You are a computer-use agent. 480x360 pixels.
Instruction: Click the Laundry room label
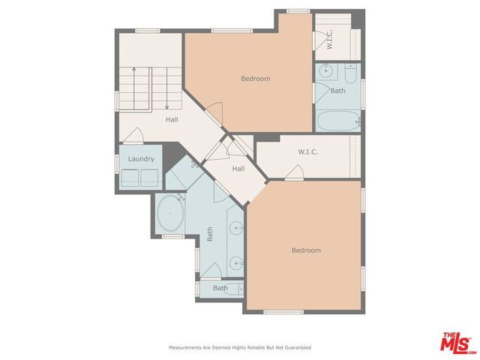141,159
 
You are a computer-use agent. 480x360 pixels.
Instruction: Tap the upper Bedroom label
255,78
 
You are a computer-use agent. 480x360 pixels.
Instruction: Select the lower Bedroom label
306,250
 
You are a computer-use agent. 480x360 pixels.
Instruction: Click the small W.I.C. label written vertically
328,40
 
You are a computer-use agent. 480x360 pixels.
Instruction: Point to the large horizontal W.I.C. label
307,151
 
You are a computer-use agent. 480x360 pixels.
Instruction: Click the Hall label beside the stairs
172,119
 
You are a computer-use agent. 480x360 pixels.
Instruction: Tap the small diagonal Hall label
238,169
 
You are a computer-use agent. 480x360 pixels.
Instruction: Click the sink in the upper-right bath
324,72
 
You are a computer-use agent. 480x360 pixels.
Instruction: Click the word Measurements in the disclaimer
185,348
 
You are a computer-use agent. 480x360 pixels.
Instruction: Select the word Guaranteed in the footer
296,348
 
